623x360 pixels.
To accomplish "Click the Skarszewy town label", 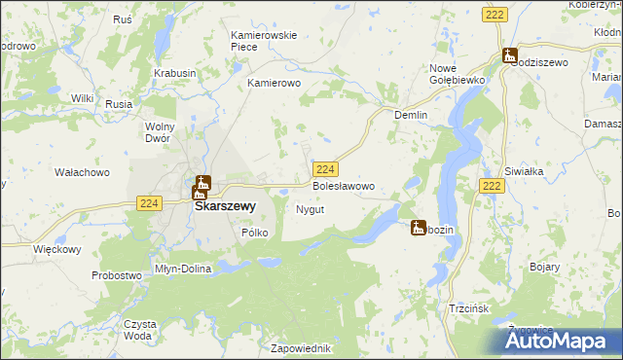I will click(225, 206).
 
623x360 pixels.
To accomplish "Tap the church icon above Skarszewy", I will click(202, 184).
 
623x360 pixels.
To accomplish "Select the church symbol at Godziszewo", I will click(508, 55).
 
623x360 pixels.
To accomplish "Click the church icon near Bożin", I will click(419, 228).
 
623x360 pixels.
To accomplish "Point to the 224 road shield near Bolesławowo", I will click(326, 168).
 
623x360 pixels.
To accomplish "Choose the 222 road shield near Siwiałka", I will click(492, 186).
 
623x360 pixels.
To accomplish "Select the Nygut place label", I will click(309, 209).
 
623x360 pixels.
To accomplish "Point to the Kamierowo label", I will click(275, 84).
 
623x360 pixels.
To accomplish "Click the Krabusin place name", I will click(174, 73).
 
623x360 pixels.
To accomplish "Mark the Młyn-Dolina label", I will click(183, 269).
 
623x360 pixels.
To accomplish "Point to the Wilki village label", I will click(82, 98).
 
